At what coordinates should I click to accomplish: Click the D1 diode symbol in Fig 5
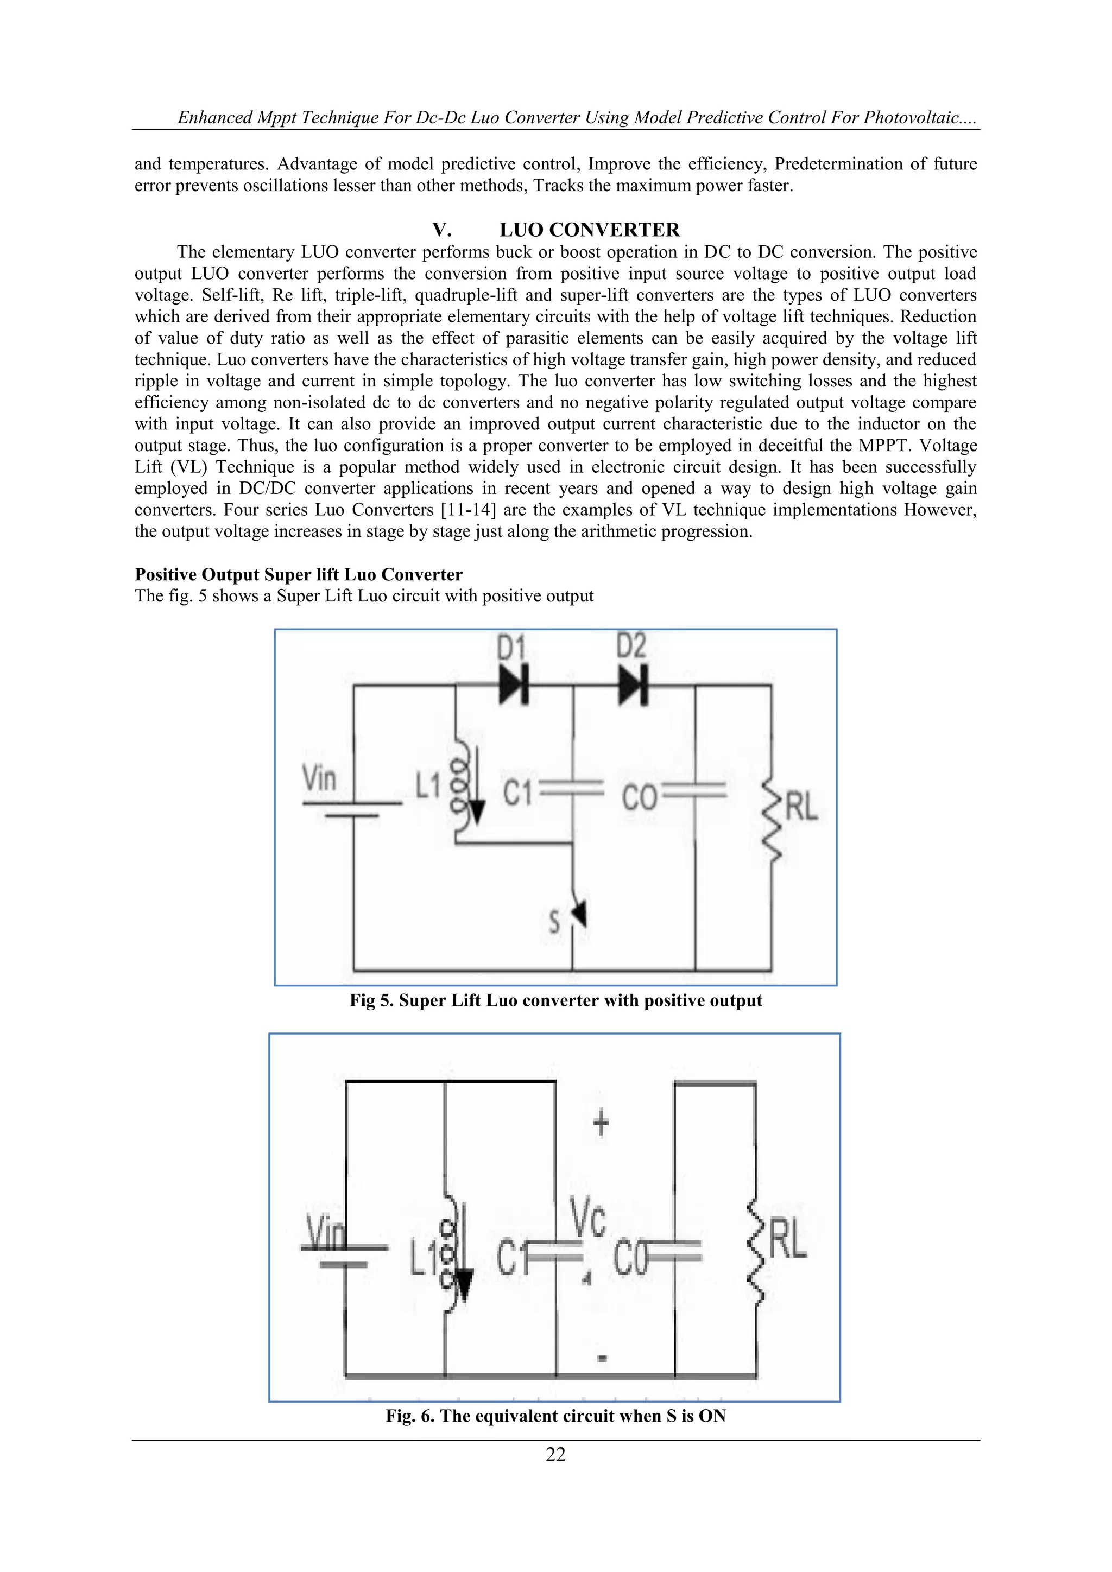click(x=514, y=684)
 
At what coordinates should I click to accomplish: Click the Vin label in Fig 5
click(x=320, y=779)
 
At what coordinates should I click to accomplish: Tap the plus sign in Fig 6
click(x=601, y=1124)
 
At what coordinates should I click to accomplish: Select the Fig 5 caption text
click(x=555, y=1001)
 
